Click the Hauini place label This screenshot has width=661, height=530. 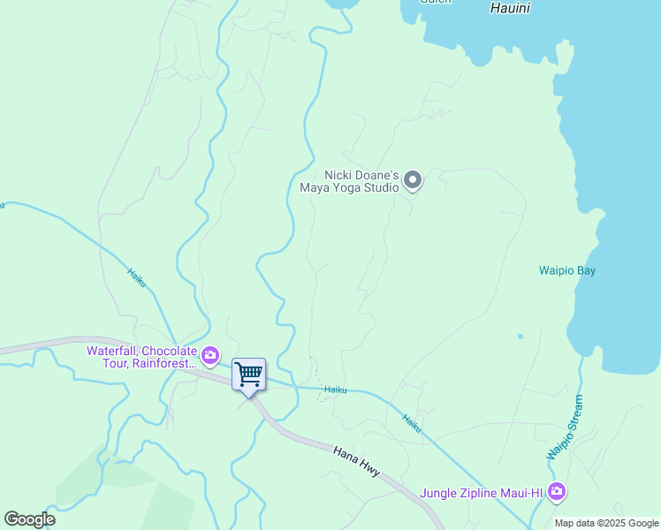tap(510, 8)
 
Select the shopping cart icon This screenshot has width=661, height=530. tap(248, 374)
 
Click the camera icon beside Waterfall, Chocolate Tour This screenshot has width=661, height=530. tap(210, 356)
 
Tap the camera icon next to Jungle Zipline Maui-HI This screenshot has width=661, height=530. tap(556, 492)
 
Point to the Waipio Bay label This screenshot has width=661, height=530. tap(567, 270)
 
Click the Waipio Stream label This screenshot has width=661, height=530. tap(566, 428)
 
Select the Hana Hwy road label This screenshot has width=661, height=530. tap(357, 461)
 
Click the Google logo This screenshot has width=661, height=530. tap(29, 519)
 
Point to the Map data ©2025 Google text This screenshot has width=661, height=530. tap(606, 523)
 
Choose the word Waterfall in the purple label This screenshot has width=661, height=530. tap(113, 351)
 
